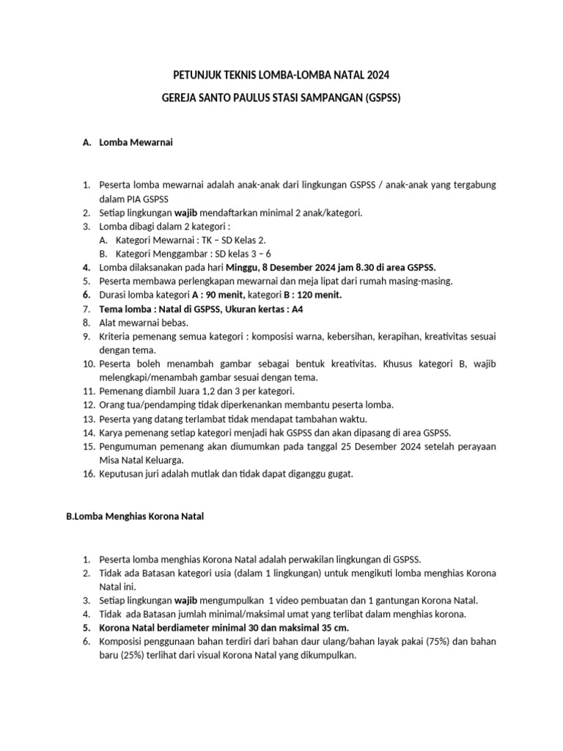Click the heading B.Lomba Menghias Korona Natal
pos(135,516)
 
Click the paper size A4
pos(298,309)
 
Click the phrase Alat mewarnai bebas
pos(133,322)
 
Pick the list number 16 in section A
pos(88,474)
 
